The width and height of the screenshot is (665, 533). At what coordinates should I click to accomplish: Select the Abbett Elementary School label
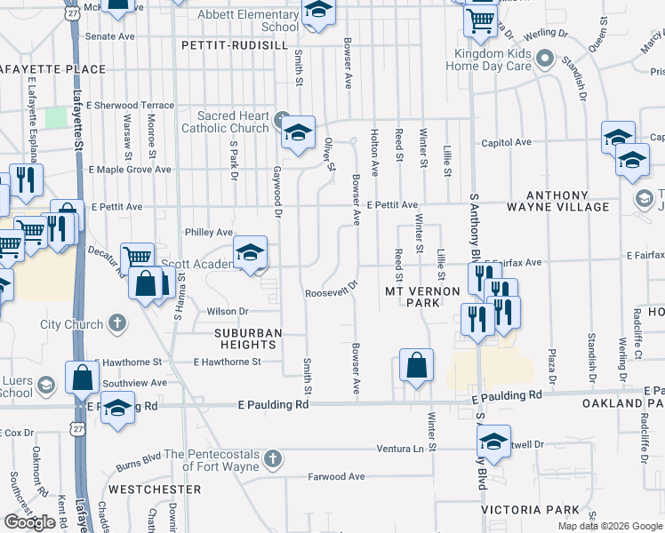[x=246, y=20]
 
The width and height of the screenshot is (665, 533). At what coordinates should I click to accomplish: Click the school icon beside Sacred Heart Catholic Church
[x=298, y=133]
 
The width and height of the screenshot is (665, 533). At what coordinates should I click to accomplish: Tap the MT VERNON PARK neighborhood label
[x=422, y=297]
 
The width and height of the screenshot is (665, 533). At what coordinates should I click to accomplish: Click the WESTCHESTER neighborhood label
[x=155, y=489]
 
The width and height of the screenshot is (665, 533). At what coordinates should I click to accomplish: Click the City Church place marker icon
[x=116, y=323]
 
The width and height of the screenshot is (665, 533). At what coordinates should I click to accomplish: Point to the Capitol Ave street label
[x=506, y=142]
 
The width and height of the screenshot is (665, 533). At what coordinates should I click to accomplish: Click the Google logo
[x=29, y=522]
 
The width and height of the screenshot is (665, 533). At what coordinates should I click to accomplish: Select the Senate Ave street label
[x=110, y=36]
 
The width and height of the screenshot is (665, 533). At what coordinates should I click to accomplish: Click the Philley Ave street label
[x=208, y=233]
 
